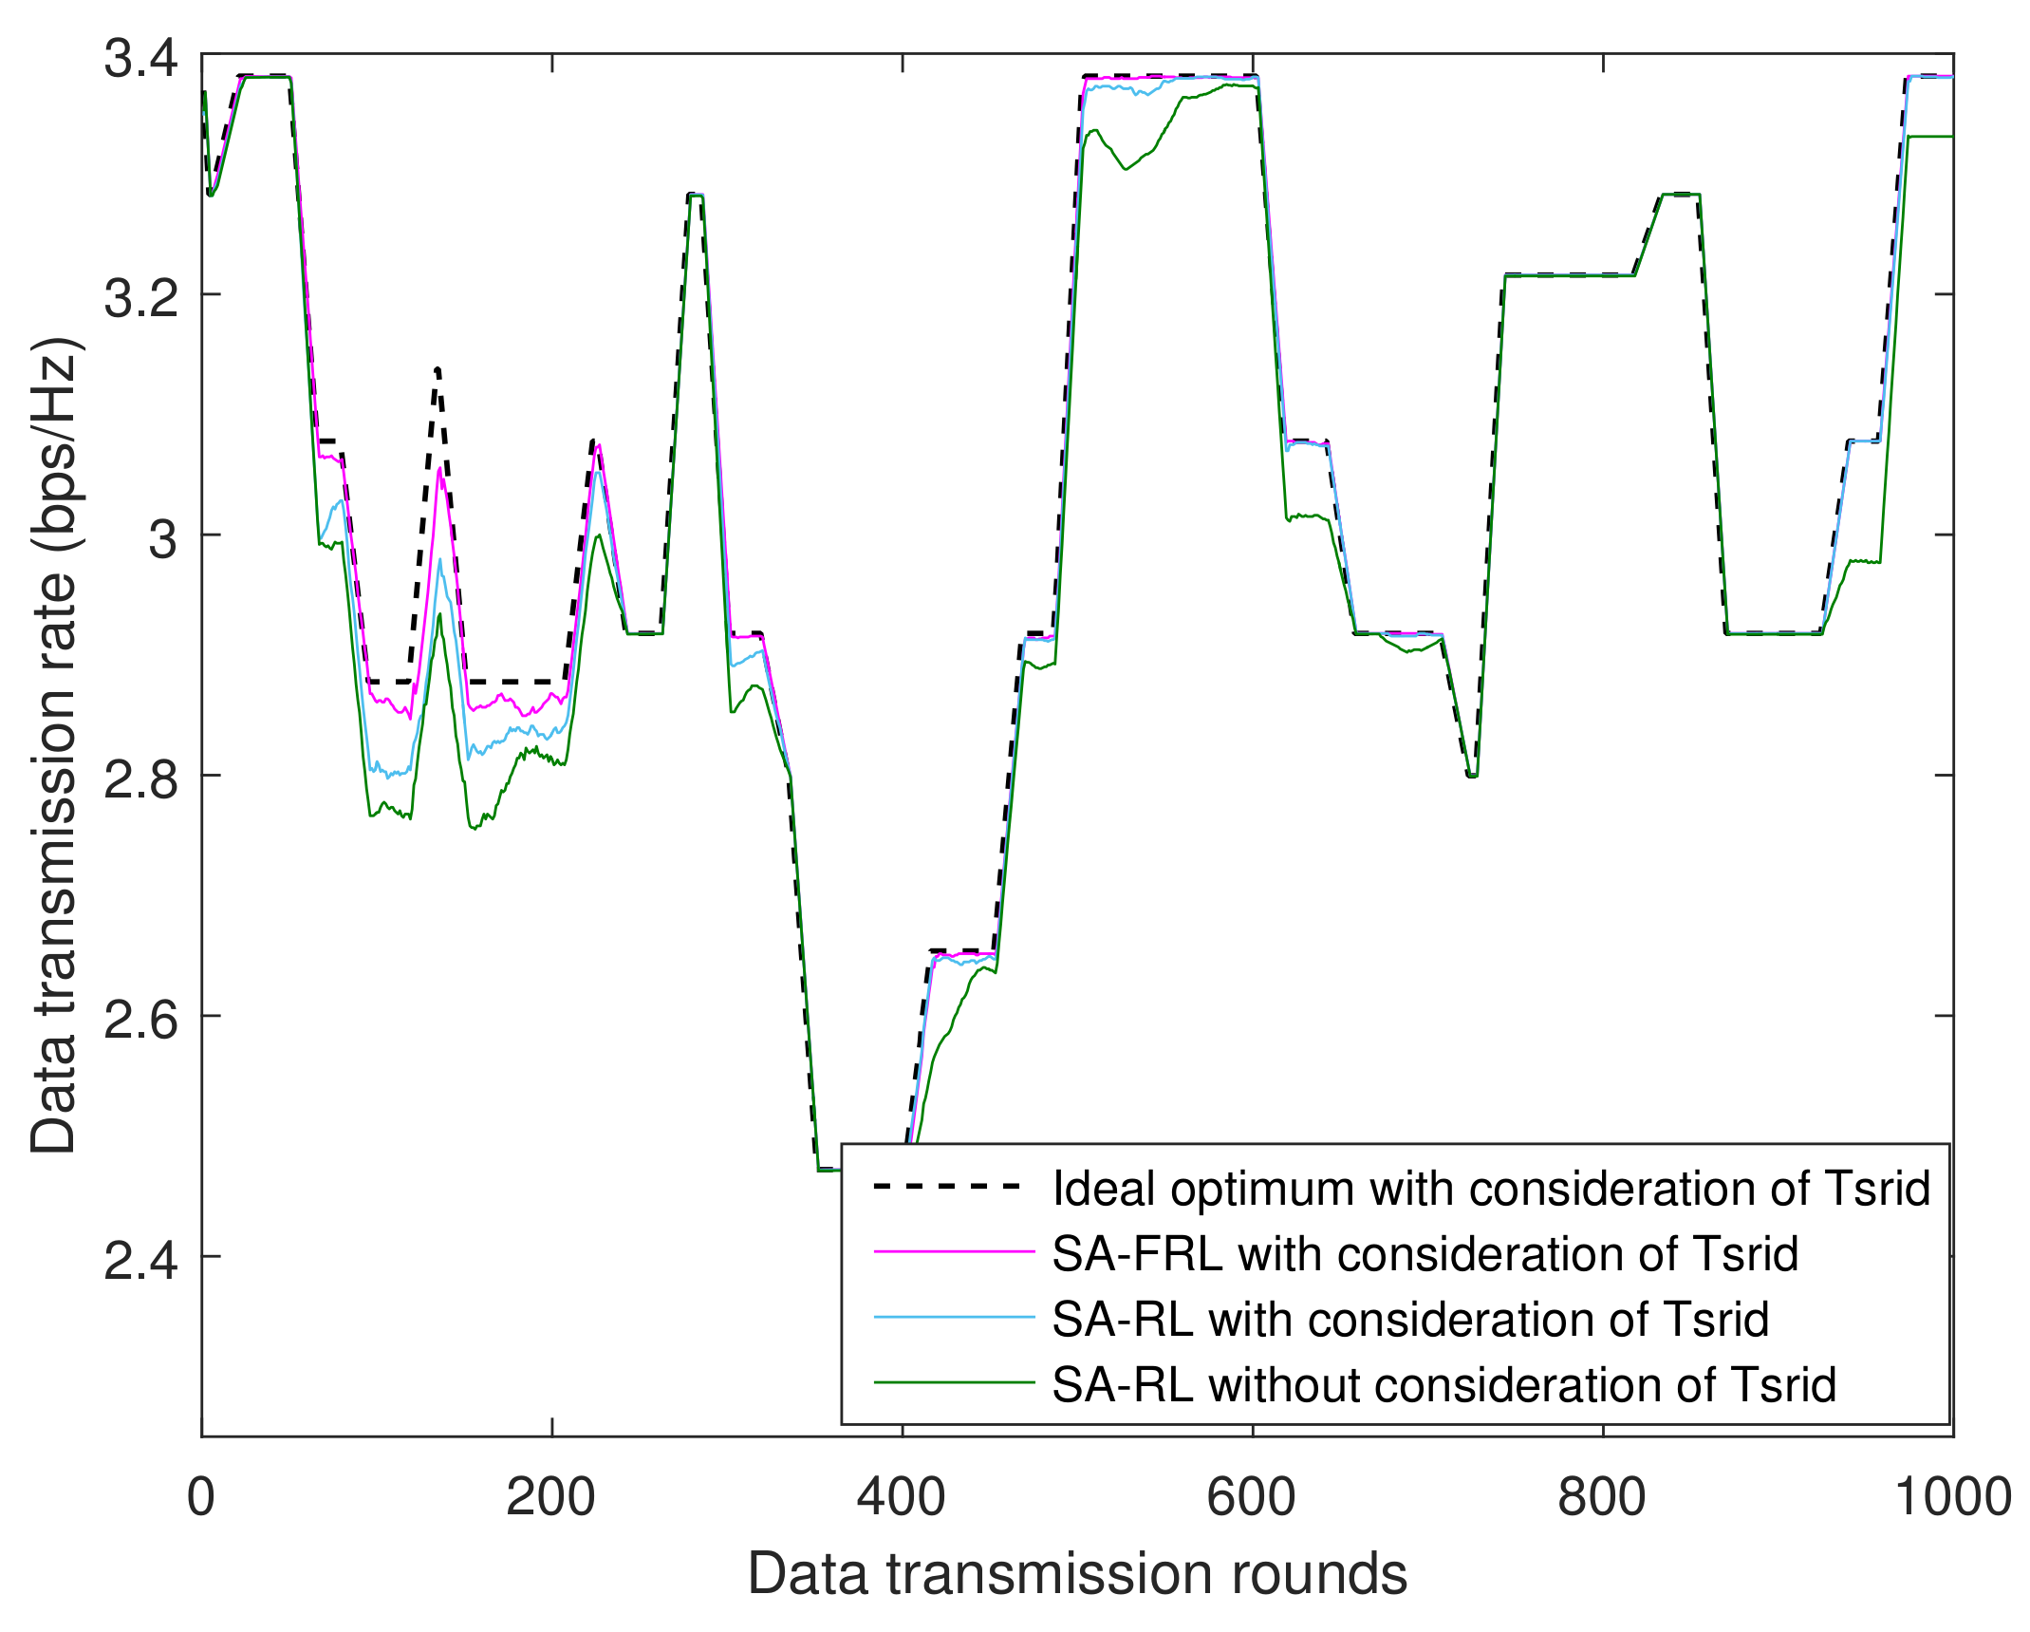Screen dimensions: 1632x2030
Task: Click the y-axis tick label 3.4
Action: click(x=140, y=59)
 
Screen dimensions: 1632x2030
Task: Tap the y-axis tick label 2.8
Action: click(x=140, y=778)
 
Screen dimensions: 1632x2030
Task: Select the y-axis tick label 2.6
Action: click(x=140, y=1019)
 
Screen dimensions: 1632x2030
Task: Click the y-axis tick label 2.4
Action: click(x=140, y=1260)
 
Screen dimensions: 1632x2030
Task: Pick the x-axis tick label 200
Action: click(x=550, y=1497)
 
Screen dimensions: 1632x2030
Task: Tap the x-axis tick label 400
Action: click(x=901, y=1497)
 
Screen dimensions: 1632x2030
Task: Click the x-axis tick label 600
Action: click(x=1251, y=1497)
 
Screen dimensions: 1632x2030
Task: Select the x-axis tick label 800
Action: click(x=1602, y=1497)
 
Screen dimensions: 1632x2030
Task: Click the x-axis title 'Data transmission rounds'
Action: click(x=1077, y=1574)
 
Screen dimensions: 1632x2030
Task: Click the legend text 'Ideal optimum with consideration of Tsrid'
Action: click(x=1491, y=1189)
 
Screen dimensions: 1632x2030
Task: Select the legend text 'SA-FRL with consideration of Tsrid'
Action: click(x=1425, y=1254)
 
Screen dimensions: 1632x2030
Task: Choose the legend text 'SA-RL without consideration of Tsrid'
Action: click(x=1443, y=1385)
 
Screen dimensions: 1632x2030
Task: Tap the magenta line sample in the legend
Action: click(x=953, y=1252)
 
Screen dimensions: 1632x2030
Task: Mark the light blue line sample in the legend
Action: click(x=953, y=1318)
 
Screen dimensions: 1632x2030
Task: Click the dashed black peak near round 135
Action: click(x=437, y=369)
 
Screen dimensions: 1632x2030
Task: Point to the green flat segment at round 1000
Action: click(x=1931, y=137)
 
